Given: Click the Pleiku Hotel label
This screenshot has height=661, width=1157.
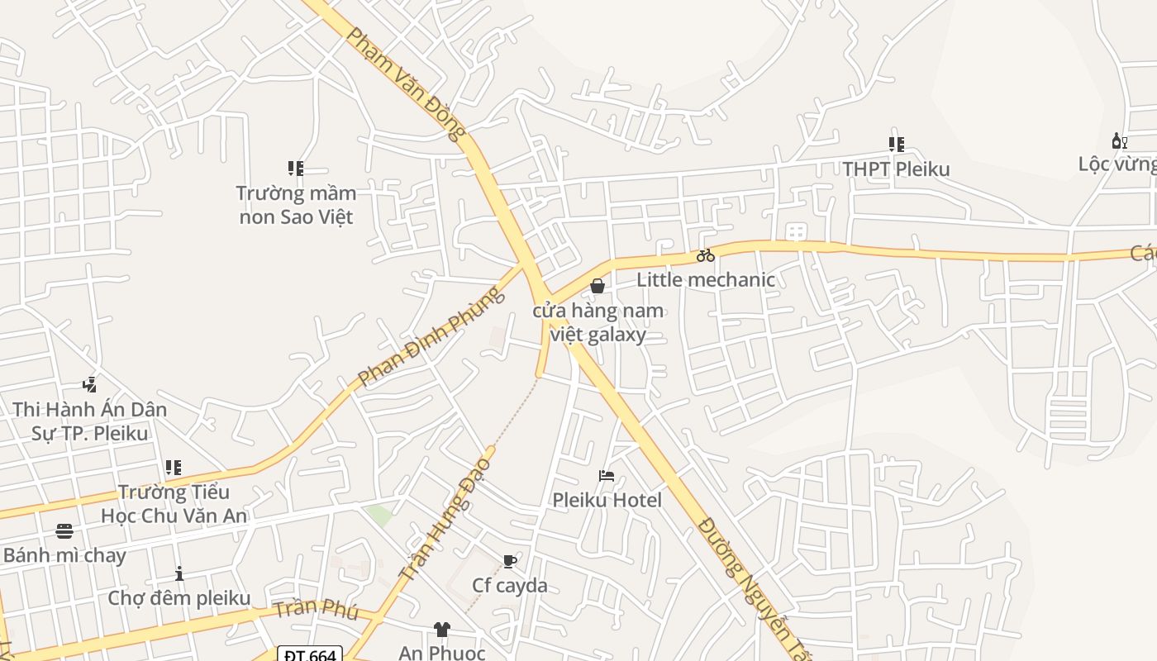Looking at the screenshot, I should coord(607,500).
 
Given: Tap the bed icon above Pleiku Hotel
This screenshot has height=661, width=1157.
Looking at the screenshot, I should coord(607,475).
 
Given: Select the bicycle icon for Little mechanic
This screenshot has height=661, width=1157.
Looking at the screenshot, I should coord(705,255).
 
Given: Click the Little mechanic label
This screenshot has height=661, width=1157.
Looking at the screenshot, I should coord(706,279).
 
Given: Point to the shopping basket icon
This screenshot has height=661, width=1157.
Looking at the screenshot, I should coord(598,286).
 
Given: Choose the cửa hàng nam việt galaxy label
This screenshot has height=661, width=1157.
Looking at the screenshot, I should coord(598,322).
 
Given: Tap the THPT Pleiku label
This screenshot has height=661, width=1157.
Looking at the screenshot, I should coord(896,169).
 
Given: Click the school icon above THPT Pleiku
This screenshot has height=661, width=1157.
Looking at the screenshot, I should coord(897,145).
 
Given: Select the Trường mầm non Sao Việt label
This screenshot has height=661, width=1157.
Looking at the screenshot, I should coord(296,205).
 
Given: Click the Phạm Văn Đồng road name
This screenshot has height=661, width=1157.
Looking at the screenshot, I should coord(406,83).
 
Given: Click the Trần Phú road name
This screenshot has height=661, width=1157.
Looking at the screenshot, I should coord(316,611).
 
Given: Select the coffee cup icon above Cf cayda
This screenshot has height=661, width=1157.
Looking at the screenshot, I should coord(510,562).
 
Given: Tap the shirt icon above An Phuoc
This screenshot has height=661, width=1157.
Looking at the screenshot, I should coord(441,630).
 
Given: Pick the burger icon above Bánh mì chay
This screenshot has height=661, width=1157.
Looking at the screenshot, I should coord(64,531).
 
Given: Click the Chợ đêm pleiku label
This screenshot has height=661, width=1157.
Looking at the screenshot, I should coord(179,597).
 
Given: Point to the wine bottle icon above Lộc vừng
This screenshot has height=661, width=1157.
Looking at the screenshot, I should coord(1120,141).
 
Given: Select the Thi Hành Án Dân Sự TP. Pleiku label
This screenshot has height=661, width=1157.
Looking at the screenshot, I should coord(89,421).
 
